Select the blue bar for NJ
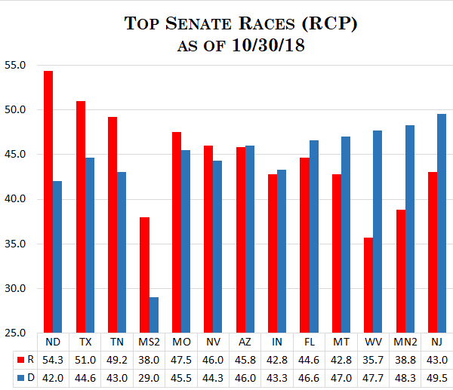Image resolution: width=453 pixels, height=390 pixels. [441, 223]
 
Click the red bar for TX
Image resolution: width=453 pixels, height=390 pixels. [80, 216]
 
